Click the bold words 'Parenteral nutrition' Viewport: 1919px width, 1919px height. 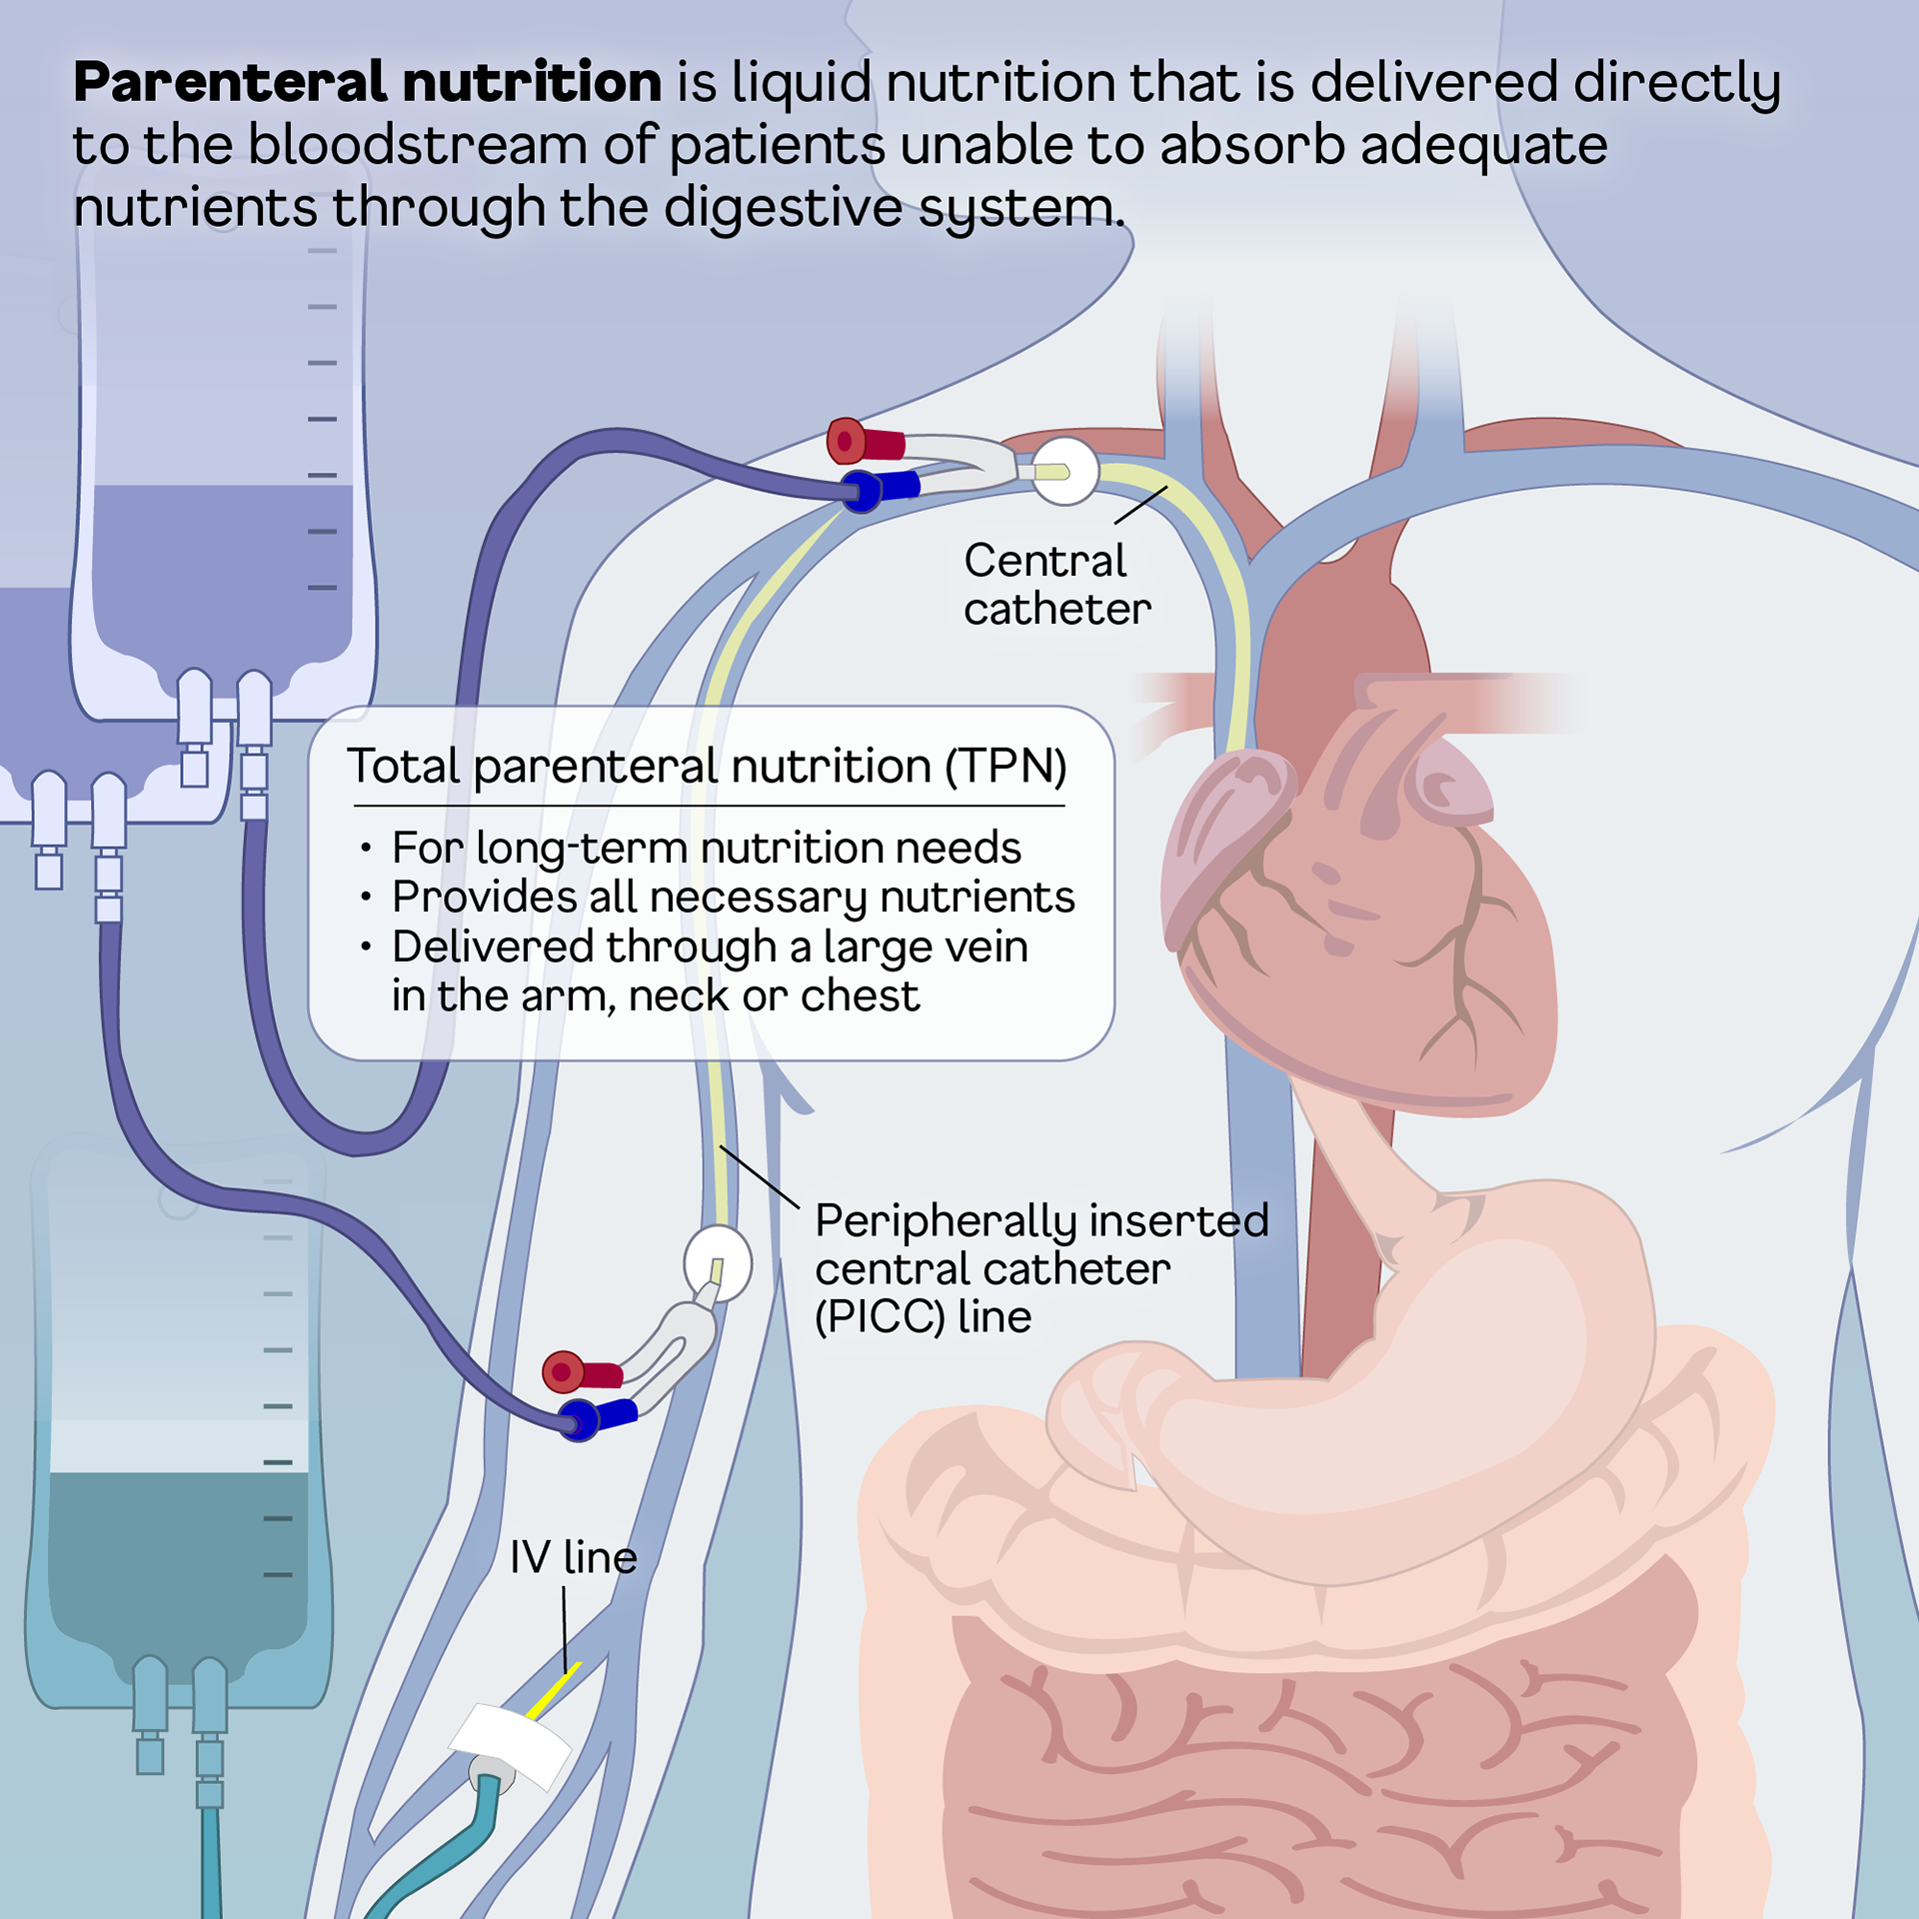coord(367,82)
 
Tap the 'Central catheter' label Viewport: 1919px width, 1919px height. coord(1055,585)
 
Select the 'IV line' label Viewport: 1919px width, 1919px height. coord(573,1557)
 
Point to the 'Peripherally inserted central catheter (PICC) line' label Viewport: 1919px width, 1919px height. coord(1039,1268)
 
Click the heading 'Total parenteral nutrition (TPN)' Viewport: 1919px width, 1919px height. coord(707,767)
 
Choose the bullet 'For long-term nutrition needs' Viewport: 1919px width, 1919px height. coord(706,848)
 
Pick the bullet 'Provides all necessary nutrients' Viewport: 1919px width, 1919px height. coord(733,897)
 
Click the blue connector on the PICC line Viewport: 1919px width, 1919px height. coord(597,1417)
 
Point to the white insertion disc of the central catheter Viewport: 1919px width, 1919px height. coord(1065,471)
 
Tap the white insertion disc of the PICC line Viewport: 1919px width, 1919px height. coord(718,1264)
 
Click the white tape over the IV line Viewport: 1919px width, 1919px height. coord(511,1744)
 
